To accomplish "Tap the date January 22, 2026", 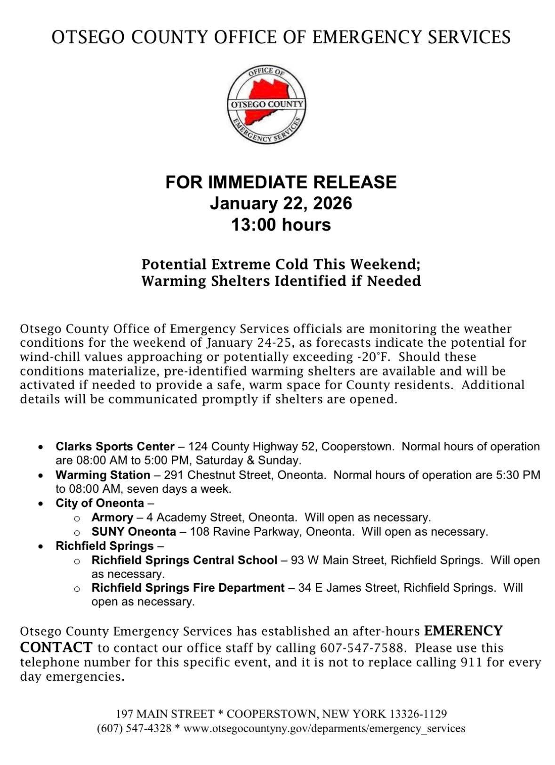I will [281, 203].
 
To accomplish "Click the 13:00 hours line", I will [281, 225].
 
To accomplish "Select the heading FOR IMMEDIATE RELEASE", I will [281, 182].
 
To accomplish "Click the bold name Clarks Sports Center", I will [115, 446].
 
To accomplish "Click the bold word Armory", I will [112, 517].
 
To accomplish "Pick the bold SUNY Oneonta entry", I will [134, 531].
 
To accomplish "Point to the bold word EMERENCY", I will [463, 631].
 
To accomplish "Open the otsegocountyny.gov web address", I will [324, 728].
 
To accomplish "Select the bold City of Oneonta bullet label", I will [99, 503].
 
